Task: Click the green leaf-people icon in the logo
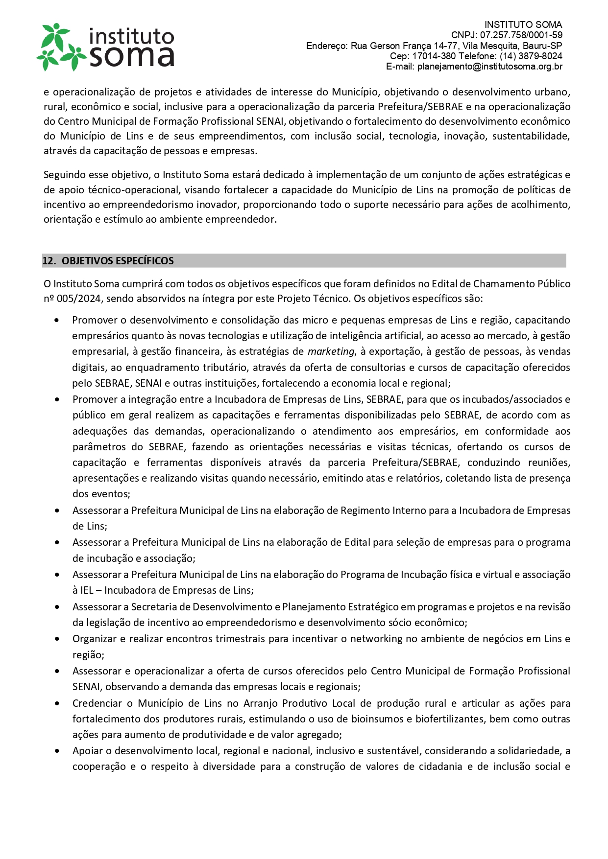62,47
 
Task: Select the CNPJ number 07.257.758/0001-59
521,35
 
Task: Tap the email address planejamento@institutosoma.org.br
489,67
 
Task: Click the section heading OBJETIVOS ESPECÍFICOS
118,261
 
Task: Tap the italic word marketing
331,351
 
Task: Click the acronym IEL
87,590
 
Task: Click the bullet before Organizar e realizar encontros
58,639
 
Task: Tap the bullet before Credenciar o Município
58,704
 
